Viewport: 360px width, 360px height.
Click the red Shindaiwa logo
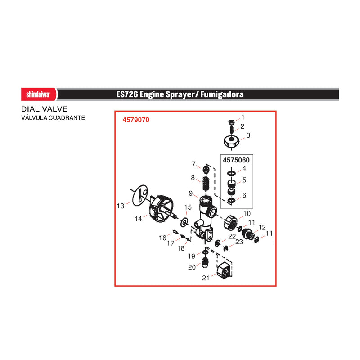point(39,94)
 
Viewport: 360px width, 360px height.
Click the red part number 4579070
point(136,120)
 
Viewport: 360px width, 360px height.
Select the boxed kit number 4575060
point(236,160)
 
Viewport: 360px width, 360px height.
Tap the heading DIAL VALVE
point(44,109)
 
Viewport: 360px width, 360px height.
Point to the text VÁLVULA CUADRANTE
point(53,118)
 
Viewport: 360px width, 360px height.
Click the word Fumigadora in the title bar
point(222,94)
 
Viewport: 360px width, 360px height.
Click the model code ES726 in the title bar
point(127,94)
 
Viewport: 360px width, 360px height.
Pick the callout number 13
point(121,206)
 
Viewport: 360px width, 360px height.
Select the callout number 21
point(206,278)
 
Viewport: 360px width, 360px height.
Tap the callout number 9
point(190,193)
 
